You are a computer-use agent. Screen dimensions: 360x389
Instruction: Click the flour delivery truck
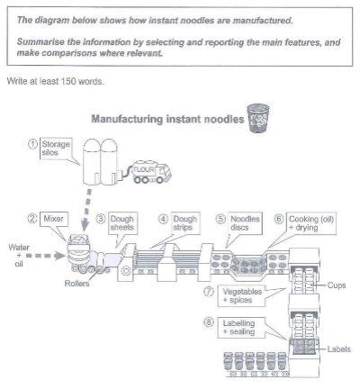point(151,173)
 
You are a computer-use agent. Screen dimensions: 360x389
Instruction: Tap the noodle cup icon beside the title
point(257,118)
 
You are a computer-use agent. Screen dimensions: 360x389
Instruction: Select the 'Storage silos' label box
point(56,149)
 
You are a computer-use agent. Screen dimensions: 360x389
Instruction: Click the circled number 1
point(33,144)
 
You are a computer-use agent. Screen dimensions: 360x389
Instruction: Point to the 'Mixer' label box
point(53,219)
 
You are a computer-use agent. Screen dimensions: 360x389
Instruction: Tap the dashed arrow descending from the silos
point(87,210)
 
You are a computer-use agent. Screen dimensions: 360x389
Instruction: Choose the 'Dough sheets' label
point(122,223)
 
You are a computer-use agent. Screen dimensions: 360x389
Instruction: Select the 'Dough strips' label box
point(185,223)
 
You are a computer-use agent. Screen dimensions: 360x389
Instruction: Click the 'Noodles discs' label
point(245,223)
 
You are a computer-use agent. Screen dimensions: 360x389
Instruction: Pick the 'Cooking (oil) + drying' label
point(311,223)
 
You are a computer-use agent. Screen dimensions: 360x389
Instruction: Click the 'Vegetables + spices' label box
point(241,296)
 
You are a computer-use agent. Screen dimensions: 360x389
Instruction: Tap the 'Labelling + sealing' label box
point(241,328)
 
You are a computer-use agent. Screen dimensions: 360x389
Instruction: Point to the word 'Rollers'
point(76,284)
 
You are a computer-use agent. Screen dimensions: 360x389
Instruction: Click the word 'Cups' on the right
point(337,285)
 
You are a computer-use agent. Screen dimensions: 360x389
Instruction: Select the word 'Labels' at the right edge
point(338,349)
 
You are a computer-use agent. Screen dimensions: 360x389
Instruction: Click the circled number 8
point(209,322)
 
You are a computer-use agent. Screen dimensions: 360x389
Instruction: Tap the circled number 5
point(220,219)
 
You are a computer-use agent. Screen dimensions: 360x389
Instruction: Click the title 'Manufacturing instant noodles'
point(167,119)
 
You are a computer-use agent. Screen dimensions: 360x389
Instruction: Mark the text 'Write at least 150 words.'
point(56,81)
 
